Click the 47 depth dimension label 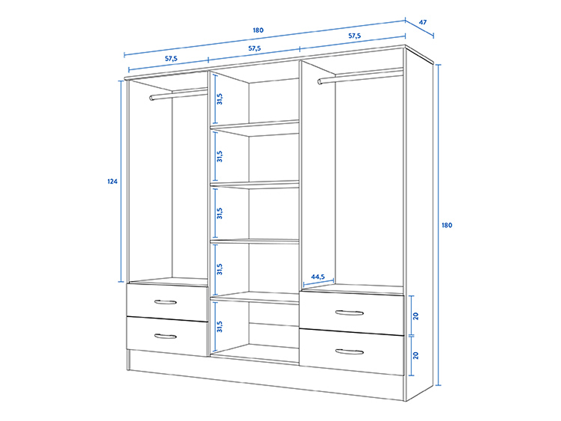(423, 22)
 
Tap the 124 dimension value (112, 181)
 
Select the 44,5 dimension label (318, 277)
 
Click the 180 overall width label (258, 30)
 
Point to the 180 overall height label (446, 225)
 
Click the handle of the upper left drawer (165, 302)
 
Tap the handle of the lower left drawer (165, 336)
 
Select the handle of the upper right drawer (349, 313)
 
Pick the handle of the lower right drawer (349, 352)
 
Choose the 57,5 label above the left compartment (171, 58)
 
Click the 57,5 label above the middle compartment (254, 48)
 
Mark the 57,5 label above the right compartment (355, 36)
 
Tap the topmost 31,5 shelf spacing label (220, 98)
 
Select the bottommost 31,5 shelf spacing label (220, 326)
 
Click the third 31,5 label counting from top (220, 213)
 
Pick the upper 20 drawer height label (416, 316)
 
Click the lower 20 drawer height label (416, 355)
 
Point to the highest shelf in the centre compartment (255, 127)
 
